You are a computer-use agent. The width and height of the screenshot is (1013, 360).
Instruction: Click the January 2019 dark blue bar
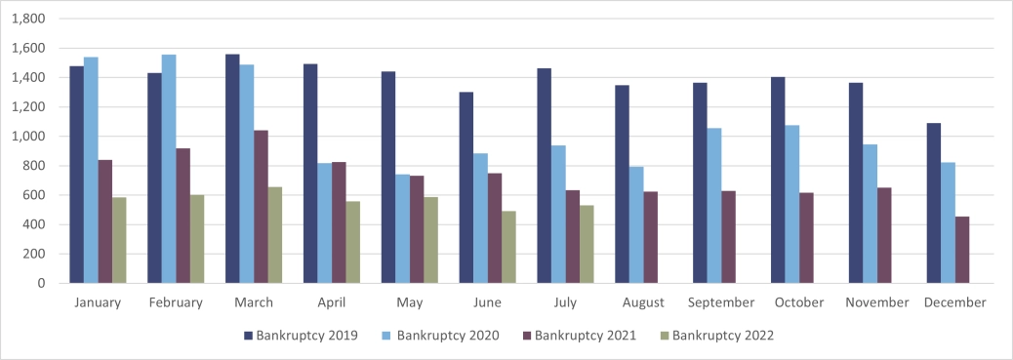point(76,175)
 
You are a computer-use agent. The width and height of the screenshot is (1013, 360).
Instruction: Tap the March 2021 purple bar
point(261,207)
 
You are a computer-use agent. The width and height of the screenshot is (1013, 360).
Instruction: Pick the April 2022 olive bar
point(353,242)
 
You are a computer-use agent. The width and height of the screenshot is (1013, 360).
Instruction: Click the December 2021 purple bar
point(962,250)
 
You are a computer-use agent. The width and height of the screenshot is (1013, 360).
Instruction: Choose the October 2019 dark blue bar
point(778,180)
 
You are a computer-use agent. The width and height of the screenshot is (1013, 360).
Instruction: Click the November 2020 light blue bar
point(871,214)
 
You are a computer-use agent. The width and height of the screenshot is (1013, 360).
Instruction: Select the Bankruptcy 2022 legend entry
point(723,337)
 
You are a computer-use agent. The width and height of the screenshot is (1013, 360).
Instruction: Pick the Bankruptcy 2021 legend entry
point(585,337)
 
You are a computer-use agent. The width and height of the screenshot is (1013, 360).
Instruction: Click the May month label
point(410,302)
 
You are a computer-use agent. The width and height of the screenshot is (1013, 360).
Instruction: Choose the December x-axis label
point(953,302)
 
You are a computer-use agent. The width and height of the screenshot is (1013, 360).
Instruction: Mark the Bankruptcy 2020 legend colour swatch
point(387,337)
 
